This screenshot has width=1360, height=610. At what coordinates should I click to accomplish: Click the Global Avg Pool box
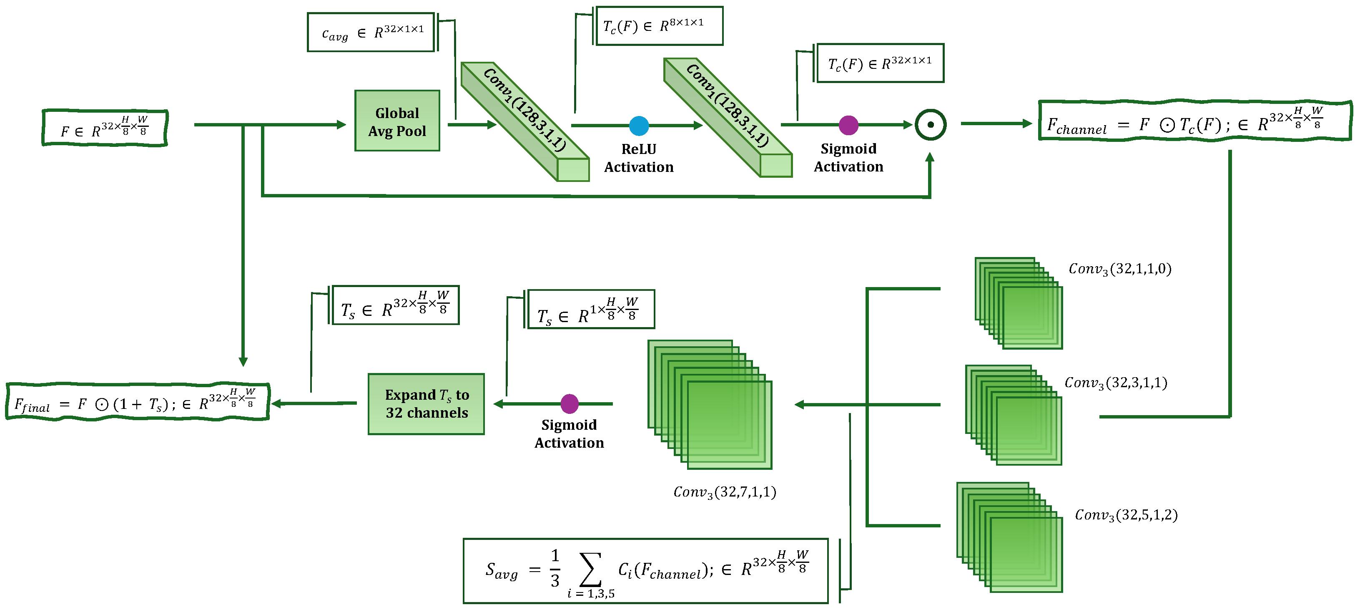tap(397, 121)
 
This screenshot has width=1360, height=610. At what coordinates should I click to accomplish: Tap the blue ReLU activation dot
tap(639, 126)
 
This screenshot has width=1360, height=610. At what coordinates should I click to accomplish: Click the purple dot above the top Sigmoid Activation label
tap(848, 125)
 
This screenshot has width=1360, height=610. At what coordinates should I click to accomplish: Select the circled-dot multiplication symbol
tap(930, 125)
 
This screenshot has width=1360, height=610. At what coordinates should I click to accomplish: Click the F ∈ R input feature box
tap(105, 128)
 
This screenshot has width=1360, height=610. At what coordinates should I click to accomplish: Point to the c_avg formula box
tap(371, 33)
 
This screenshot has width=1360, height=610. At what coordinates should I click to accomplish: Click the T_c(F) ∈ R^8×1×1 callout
tap(658, 26)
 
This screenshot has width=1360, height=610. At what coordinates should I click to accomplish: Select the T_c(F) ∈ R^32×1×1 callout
tap(880, 63)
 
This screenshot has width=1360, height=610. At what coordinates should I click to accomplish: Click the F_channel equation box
tap(1194, 121)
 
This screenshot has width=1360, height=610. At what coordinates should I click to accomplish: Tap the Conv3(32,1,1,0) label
tap(1120, 269)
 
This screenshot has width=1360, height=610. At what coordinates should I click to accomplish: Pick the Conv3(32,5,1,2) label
tap(1126, 515)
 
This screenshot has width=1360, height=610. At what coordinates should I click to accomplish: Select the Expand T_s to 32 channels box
tap(426, 404)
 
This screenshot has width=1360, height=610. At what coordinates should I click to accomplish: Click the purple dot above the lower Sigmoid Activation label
tap(569, 404)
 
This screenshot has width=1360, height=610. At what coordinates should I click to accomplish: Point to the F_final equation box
tap(137, 403)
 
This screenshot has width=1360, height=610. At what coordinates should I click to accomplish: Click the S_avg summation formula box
tap(645, 571)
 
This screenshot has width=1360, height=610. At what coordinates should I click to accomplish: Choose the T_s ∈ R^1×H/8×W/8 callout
tap(591, 310)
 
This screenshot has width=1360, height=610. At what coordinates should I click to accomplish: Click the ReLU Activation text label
tap(639, 158)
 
